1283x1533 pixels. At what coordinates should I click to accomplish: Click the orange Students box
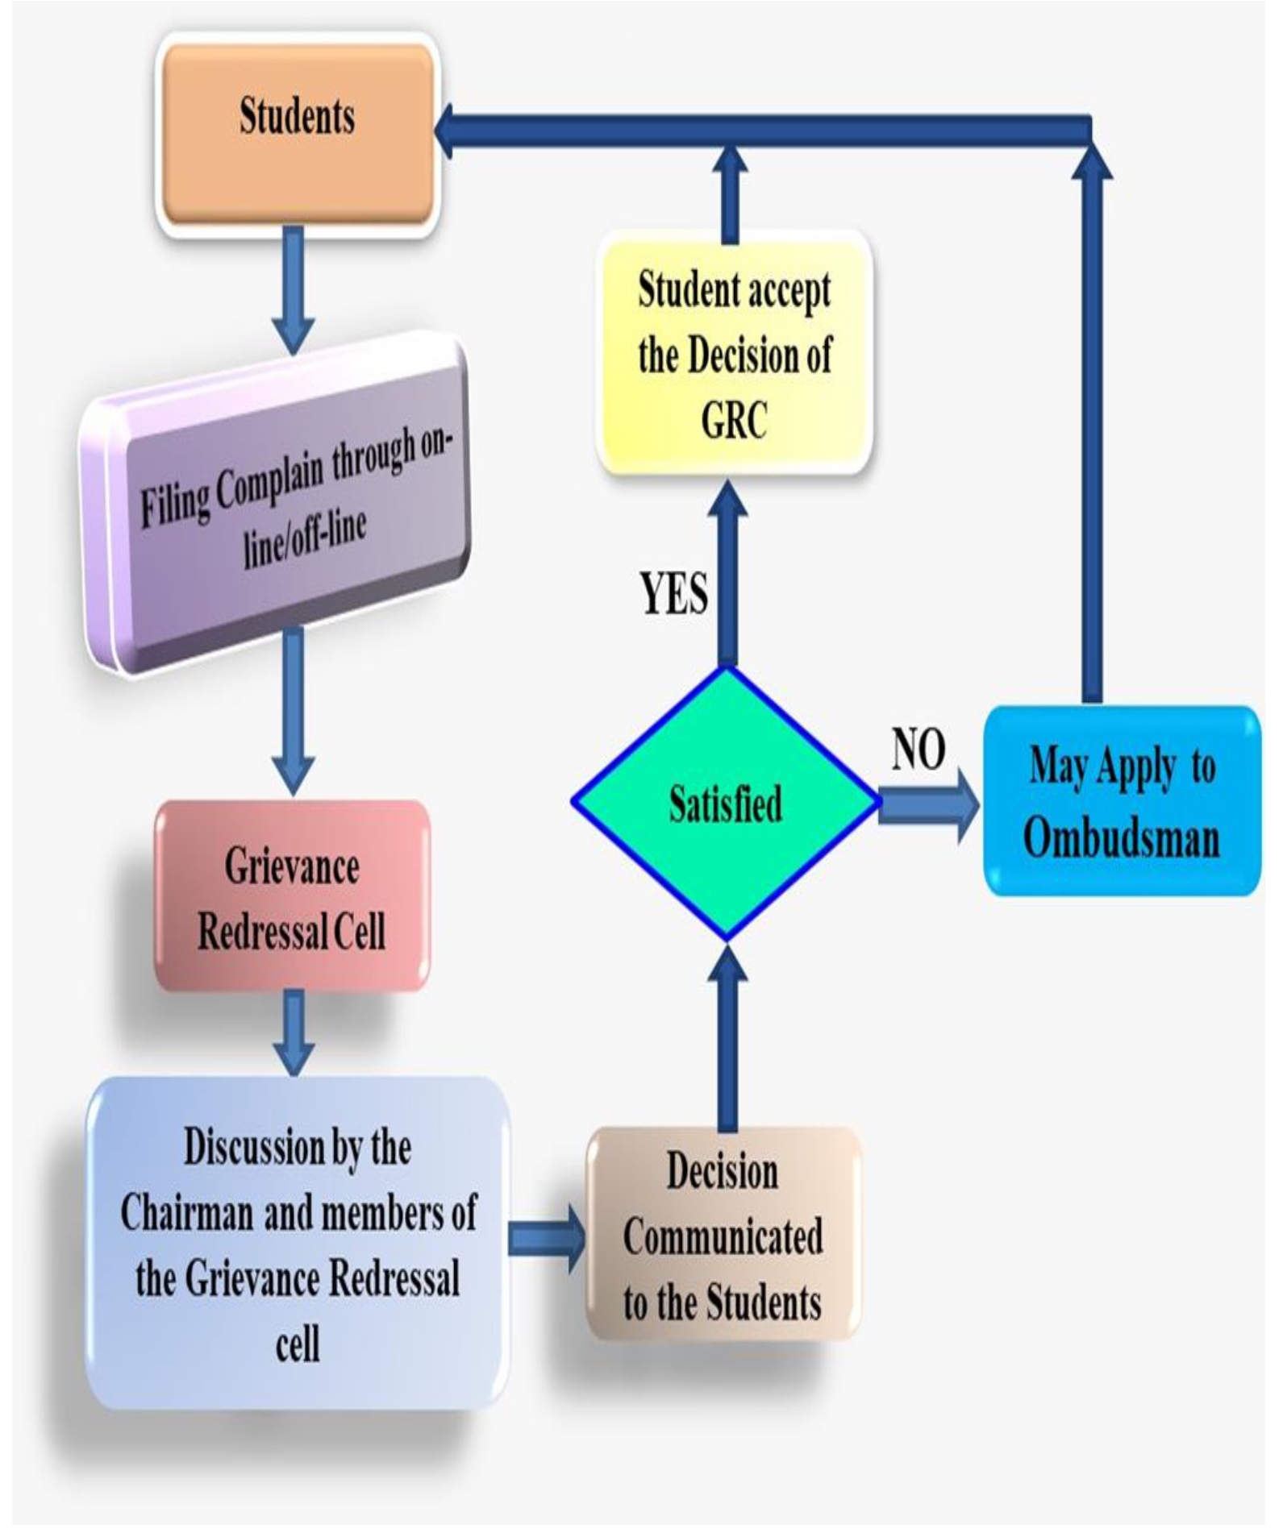tap(297, 135)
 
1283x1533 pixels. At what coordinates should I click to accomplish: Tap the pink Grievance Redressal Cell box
tap(292, 897)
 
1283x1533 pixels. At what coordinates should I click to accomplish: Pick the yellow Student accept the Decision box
tap(734, 355)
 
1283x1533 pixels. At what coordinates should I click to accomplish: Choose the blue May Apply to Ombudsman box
tap(1122, 801)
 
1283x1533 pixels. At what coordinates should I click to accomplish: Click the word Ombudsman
tap(1121, 838)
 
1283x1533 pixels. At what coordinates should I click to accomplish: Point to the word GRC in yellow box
tap(734, 421)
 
